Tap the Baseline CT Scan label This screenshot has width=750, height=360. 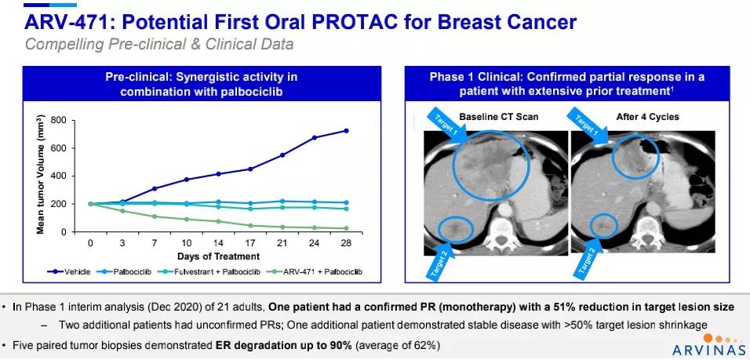[x=500, y=117]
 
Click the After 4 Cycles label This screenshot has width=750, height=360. [x=646, y=117]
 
